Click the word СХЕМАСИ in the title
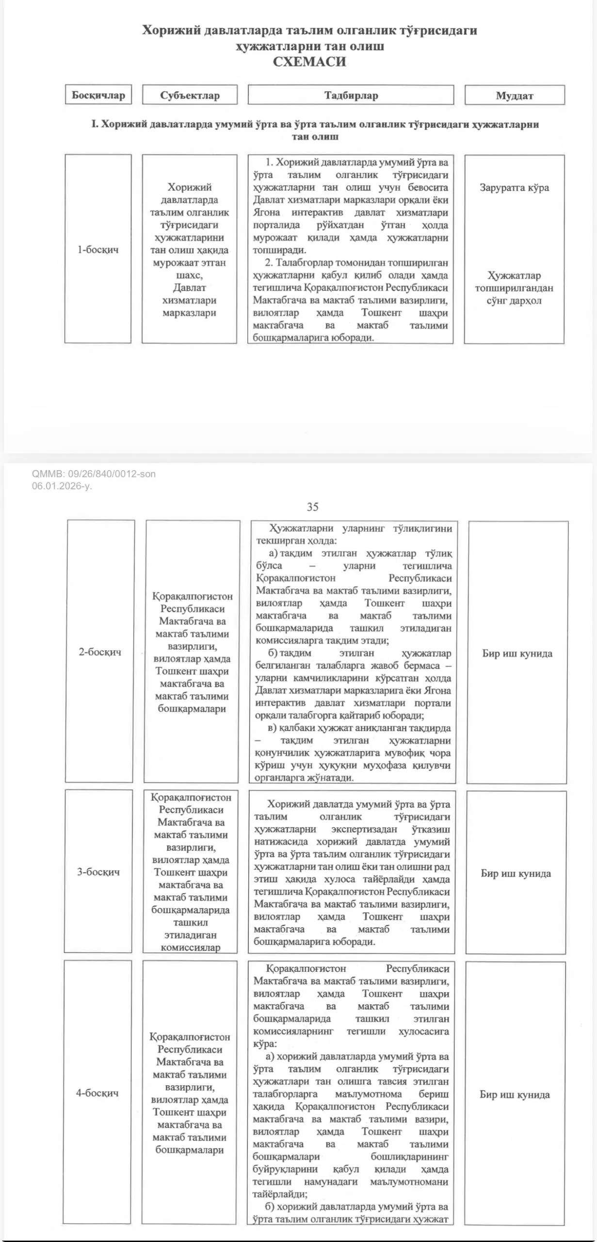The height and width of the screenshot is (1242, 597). coord(309,62)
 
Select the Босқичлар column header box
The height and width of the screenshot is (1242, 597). coord(98,95)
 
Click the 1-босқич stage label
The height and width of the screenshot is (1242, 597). coord(98,250)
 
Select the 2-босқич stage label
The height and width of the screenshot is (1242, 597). coord(100,652)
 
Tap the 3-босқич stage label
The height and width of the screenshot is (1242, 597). coord(98,872)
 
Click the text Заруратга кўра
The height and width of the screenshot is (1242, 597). coord(514,188)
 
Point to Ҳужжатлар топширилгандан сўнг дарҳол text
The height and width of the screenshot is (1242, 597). coord(514,288)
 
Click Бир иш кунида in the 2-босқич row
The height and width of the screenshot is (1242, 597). coord(517,654)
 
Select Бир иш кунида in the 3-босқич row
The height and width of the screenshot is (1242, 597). coord(516,873)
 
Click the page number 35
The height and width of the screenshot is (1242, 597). coord(312,507)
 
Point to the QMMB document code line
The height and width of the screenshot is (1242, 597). coord(94,474)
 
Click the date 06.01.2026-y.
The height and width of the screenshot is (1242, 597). coord(62,486)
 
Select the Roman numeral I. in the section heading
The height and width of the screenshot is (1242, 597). coord(95,125)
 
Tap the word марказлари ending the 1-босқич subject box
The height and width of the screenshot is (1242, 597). coord(189,313)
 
